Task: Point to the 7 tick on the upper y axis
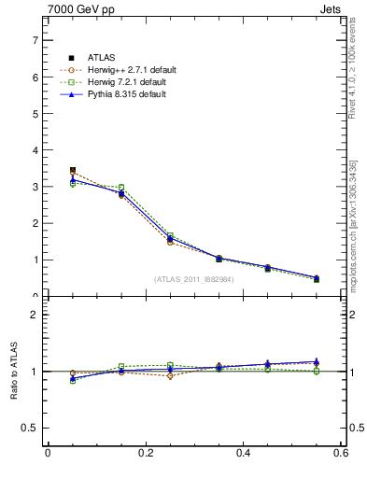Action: (35, 41)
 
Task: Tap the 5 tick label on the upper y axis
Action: (35, 114)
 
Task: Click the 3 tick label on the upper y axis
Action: (35, 187)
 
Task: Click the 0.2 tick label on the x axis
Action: (145, 455)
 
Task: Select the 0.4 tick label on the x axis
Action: (243, 455)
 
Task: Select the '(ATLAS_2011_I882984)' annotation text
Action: (193, 278)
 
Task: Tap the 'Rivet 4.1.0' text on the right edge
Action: (353, 65)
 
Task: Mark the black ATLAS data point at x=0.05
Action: (73, 171)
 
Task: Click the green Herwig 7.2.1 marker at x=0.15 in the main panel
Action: (121, 188)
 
